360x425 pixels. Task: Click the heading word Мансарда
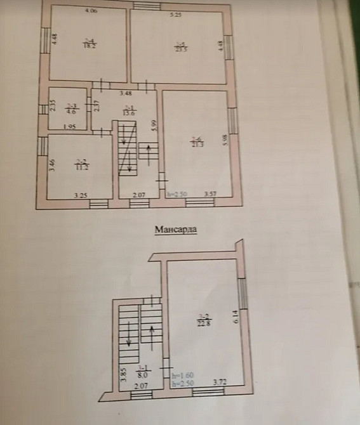pos(175,230)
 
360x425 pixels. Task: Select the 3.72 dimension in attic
pos(220,383)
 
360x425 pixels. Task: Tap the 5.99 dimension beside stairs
pos(154,126)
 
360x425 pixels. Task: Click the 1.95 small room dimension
pos(69,127)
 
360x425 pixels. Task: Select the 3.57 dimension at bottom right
pos(211,193)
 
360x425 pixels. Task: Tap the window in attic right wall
pos(243,298)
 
